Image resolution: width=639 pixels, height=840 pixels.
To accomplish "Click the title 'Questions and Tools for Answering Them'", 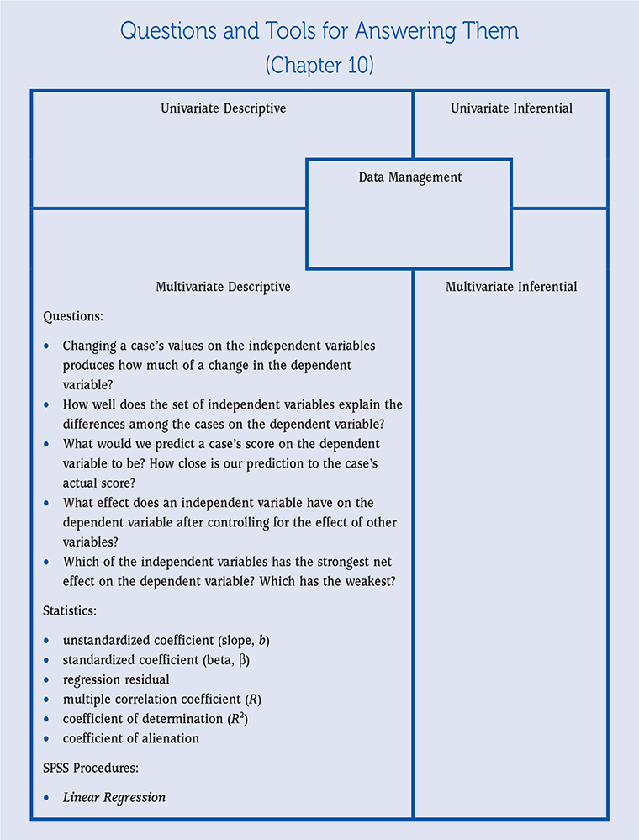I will (319, 32).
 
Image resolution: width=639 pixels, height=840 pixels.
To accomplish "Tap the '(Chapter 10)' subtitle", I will (319, 66).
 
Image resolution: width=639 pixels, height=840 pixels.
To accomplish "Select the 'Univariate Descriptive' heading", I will (223, 108).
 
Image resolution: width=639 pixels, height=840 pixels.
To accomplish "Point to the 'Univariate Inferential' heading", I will (511, 108).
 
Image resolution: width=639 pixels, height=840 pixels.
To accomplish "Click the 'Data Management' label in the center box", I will (409, 177).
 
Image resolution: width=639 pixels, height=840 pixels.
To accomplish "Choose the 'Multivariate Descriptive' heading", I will (223, 287).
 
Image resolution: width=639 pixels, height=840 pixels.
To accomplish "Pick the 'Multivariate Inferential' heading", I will (511, 287).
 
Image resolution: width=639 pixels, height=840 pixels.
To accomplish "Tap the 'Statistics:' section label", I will (71, 610).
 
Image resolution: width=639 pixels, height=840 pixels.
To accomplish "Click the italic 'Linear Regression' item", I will (114, 797).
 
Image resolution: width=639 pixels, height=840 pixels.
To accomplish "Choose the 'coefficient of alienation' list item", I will (131, 738).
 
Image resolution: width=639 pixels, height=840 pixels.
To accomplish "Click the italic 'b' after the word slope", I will (262, 641).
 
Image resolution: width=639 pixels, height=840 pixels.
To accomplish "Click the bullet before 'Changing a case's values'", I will (45, 346).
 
